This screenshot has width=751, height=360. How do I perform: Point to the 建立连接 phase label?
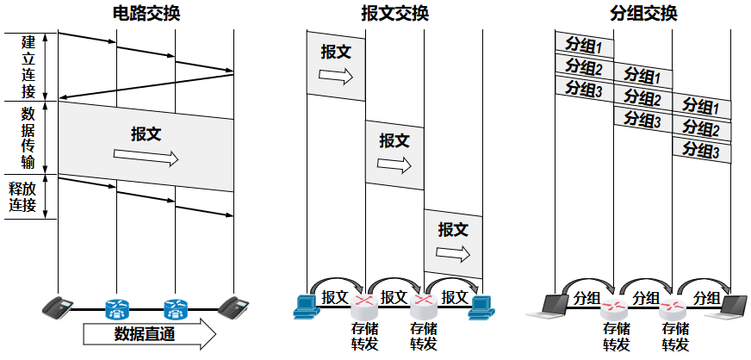coord(28,65)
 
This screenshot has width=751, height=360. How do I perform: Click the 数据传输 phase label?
coord(28,138)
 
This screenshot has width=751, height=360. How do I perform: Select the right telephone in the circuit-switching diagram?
coord(233,306)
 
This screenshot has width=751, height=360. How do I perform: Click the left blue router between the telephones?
coord(116,307)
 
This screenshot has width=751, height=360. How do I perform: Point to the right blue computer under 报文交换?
coord(481,306)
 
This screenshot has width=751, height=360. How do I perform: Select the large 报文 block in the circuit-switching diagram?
coord(146,146)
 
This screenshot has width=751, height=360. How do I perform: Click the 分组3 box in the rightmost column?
coord(702,150)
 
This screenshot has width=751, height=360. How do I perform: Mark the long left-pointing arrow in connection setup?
coord(146,86)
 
